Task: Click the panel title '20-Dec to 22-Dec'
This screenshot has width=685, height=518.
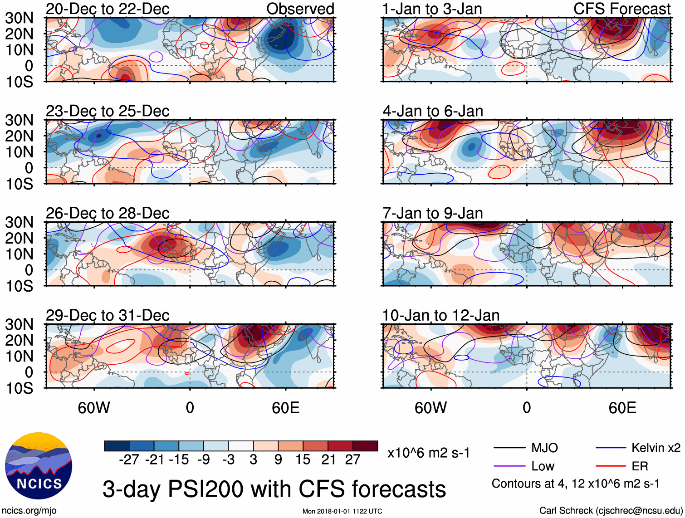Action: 108,9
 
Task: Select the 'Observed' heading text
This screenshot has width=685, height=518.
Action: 300,9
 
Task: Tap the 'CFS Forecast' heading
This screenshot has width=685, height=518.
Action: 621,9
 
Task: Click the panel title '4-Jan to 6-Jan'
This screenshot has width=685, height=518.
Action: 433,111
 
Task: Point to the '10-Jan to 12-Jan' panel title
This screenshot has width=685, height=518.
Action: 440,315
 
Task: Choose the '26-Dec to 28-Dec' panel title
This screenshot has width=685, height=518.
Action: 108,213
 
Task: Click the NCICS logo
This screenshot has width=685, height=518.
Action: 39,466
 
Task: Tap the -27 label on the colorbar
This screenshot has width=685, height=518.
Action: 129,460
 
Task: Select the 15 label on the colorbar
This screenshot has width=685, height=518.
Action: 303,460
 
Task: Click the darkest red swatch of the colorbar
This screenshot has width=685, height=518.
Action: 365,446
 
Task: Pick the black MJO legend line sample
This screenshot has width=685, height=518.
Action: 509,448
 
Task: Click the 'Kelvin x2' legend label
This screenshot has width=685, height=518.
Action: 656,448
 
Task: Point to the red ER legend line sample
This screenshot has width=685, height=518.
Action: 611,466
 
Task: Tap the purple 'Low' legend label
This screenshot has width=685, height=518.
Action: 543,466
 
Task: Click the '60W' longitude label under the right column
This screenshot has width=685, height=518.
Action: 431,408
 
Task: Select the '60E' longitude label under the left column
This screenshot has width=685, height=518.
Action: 285,408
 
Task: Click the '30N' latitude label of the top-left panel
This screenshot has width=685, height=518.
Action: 19,18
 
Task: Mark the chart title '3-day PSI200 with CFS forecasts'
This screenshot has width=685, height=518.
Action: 274,489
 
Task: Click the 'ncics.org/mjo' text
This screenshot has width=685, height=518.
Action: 29,510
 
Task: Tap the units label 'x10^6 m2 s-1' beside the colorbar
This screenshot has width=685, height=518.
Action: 428,453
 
